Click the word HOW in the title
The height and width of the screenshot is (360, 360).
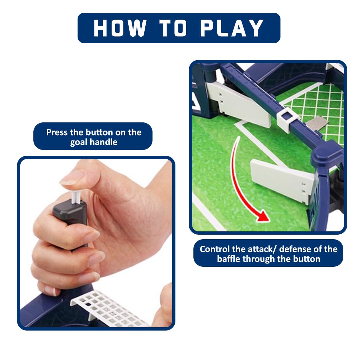[120, 28]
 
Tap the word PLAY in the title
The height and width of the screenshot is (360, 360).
[232, 28]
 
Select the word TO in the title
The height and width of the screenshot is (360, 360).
[173, 28]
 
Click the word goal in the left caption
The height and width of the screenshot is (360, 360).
[81, 143]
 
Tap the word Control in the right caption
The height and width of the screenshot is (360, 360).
[215, 249]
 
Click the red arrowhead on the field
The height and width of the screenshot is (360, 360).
[263, 216]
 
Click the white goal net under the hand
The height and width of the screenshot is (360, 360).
[108, 309]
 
